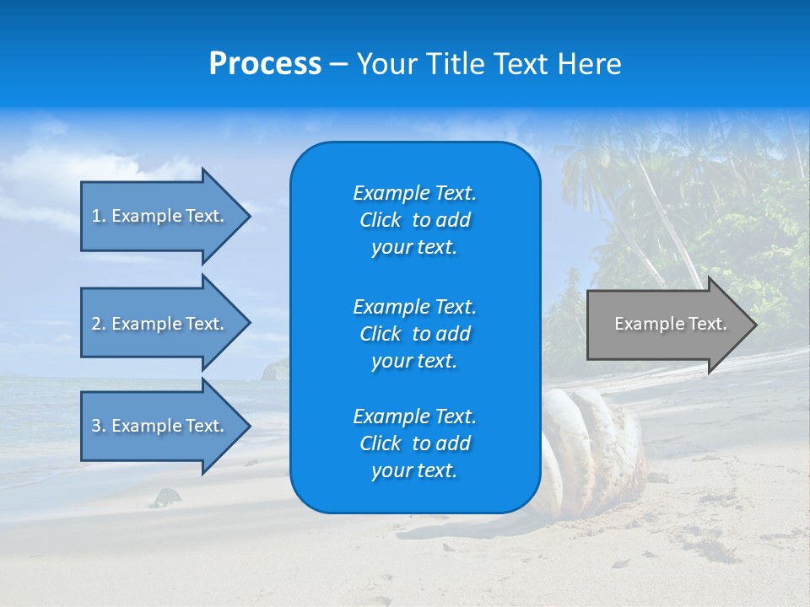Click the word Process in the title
(265, 64)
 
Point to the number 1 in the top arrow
(96, 216)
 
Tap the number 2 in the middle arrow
(97, 324)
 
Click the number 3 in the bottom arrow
(97, 426)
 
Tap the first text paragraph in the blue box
(414, 220)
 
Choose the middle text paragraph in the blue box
(414, 334)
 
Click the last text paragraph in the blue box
(414, 443)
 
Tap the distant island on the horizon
(276, 369)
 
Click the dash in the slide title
(338, 65)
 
